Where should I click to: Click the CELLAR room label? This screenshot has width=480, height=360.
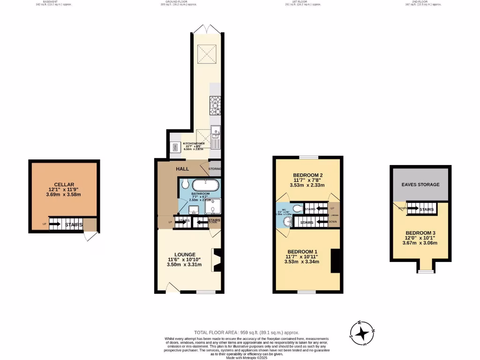[x=64, y=184]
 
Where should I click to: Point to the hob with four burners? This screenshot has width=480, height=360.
[x=215, y=105]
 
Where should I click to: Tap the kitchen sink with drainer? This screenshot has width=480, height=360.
[x=216, y=135]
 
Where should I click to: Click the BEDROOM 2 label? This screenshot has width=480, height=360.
[x=308, y=175]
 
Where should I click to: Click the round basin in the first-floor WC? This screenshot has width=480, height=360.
[x=287, y=223]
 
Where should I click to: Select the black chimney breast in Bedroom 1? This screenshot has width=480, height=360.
[x=335, y=261]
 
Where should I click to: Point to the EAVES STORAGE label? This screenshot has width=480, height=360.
[x=420, y=185]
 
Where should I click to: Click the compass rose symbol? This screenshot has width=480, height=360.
[x=362, y=333]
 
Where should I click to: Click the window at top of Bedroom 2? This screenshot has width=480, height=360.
[x=308, y=157]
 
